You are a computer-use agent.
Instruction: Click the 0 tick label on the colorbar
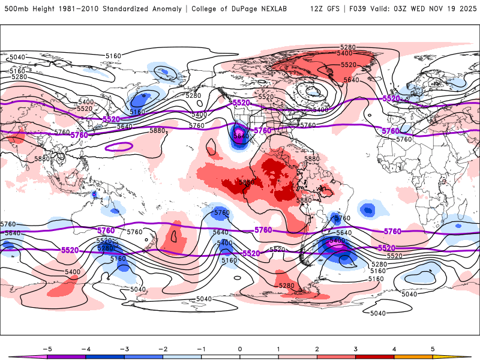click(x=239, y=348)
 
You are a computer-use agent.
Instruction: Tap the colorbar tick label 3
click(x=355, y=348)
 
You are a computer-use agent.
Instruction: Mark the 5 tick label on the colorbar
click(x=433, y=348)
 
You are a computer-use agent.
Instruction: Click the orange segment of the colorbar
click(x=413, y=357)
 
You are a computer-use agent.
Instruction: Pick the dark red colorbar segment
click(x=374, y=357)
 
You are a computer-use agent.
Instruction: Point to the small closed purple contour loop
click(x=119, y=146)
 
